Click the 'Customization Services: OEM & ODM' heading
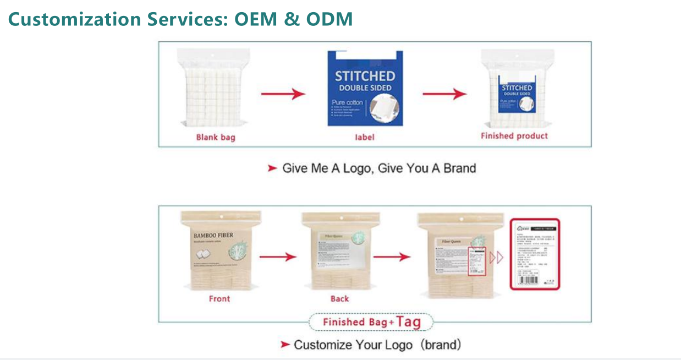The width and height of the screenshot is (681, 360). click(180, 20)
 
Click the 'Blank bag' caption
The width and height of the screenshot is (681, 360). click(216, 137)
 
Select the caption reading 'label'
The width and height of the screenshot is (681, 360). click(364, 137)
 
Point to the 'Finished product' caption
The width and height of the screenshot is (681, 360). click(514, 136)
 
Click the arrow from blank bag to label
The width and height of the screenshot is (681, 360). click(283, 94)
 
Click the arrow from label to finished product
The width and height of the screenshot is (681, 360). click(444, 94)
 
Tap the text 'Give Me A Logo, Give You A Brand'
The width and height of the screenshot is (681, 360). click(378, 168)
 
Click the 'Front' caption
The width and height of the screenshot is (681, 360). click(219, 299)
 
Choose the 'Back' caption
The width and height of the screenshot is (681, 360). click(339, 299)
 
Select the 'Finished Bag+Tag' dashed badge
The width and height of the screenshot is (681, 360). click(371, 322)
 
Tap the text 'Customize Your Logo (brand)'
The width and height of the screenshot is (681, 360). click(377, 345)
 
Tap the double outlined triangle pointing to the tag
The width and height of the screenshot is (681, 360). click(496, 257)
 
